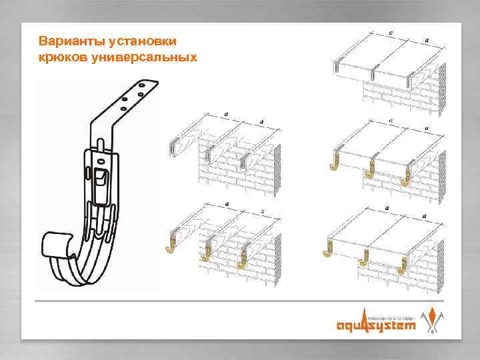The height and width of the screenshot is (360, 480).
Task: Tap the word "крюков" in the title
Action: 61,57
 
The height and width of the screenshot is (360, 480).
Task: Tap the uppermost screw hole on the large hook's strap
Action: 141,86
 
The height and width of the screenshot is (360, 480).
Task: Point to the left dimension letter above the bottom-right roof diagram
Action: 386,208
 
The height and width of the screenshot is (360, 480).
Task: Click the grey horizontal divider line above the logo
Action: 240,301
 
